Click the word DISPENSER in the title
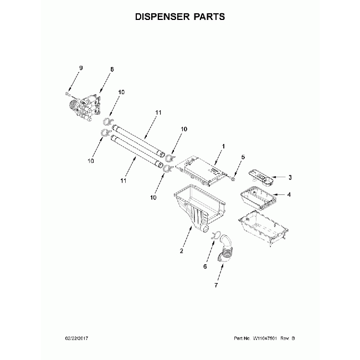click(162, 17)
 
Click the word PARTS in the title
click(209, 17)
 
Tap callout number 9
click(80, 68)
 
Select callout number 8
click(112, 69)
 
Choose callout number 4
click(289, 194)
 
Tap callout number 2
click(181, 251)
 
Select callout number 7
click(217, 285)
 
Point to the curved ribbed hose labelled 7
click(224, 249)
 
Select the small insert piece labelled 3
click(260, 176)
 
